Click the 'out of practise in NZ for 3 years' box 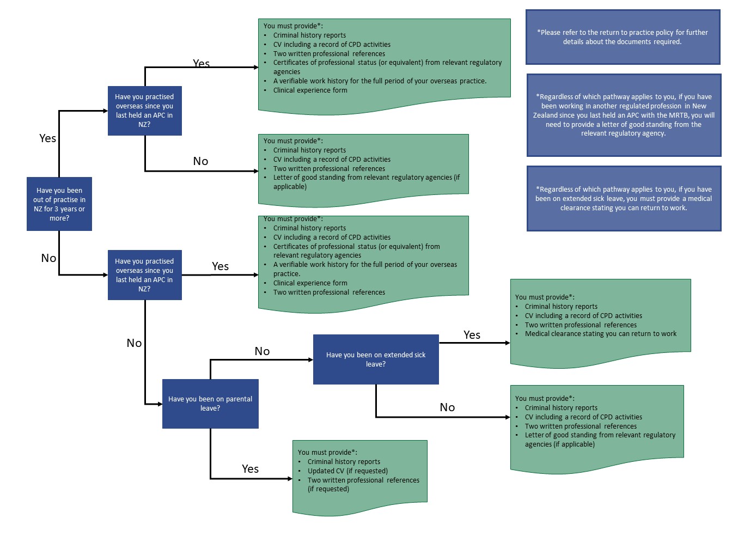coord(59,204)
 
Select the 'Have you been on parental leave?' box coord(210,404)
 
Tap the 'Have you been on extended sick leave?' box coord(375,359)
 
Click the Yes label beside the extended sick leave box coord(472,334)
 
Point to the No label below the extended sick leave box coord(447,407)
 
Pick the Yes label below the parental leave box coord(250,469)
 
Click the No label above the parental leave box coord(262,351)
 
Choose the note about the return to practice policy coord(623,37)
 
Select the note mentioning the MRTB coord(624,115)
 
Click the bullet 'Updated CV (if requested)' coord(347,471)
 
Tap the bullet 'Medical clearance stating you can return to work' coord(600,333)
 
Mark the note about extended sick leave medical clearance coord(624,198)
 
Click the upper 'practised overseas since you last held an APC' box coord(144,111)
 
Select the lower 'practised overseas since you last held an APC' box coord(144,274)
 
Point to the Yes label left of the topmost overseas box coord(47,138)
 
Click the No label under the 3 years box coord(48,258)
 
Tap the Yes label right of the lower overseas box coord(220,266)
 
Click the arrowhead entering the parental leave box coord(160,404)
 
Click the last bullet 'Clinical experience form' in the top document coord(310,90)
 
